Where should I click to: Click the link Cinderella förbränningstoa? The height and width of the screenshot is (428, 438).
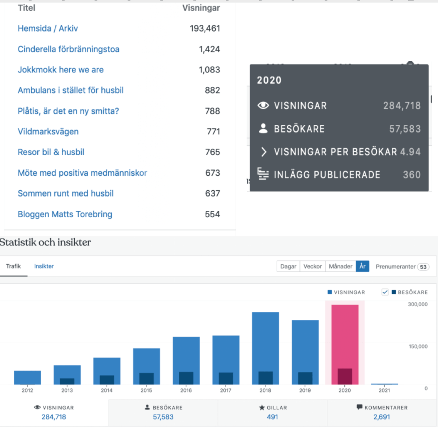point(68,49)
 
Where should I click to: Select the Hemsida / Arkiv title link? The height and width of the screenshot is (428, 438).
point(47,29)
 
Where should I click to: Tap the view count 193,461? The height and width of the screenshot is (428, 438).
point(205,29)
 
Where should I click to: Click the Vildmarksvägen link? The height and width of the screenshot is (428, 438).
point(48,131)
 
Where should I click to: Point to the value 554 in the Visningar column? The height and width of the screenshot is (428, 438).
point(212,214)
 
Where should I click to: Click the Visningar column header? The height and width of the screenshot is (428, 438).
point(201,8)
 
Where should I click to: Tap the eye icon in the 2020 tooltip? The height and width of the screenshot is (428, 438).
point(263,106)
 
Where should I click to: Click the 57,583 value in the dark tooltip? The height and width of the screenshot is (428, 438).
point(405,129)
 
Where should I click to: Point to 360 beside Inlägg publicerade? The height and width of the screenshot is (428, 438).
point(411,174)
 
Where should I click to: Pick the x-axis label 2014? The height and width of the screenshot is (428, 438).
point(107,390)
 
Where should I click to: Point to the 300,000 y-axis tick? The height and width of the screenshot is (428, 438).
point(417,304)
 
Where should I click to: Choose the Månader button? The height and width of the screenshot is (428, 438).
point(340,266)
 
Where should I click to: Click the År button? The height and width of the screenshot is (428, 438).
point(362,266)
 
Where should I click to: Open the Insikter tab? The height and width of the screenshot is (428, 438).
point(44,266)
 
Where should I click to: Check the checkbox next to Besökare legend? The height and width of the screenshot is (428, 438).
point(385,292)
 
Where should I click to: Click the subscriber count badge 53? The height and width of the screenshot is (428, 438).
point(423,267)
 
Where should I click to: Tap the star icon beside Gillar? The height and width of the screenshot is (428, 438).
point(262,408)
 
